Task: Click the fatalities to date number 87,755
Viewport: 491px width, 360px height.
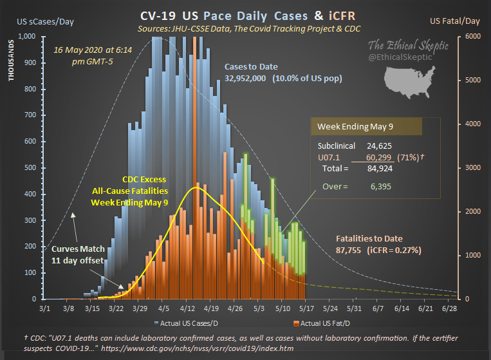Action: [x=351, y=250]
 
